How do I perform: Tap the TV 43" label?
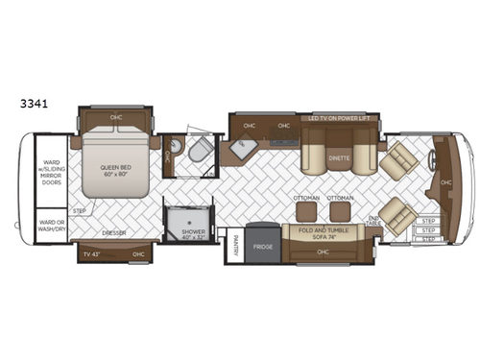[x=92, y=253]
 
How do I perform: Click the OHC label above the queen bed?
[x=116, y=119]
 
